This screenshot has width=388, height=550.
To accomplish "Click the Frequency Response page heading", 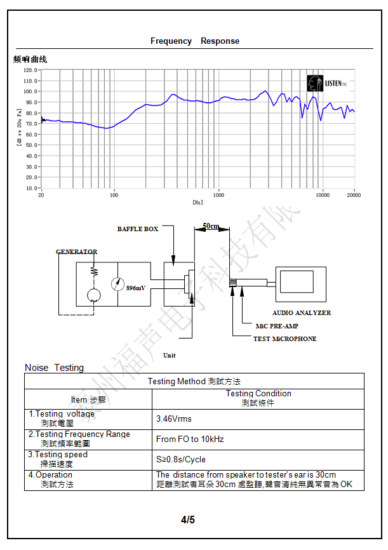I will coord(195,41).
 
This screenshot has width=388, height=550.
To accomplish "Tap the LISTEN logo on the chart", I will coord(326,83).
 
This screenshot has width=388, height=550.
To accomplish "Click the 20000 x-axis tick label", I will coord(354,195).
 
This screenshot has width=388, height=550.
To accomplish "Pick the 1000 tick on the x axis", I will coord(218,195).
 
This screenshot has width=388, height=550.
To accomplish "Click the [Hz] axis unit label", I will coord(197,201).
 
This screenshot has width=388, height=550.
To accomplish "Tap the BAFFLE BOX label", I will coord(138,229).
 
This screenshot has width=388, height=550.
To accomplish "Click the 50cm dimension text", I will coord(211,226).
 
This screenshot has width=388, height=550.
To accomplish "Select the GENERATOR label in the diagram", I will coord(77,252).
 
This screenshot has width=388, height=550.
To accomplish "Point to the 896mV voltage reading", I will coord(136,288).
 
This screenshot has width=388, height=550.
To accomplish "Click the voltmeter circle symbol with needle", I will coord(117,284).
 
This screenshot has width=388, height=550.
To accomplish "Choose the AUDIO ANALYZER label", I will coord(302,312).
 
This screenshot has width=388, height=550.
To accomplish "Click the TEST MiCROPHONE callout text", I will coord(284,339).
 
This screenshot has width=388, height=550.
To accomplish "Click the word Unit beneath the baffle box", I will coord(170,355).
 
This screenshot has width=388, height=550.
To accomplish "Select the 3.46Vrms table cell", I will coord(174,419).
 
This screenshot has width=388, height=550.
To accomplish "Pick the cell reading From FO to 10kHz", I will coord(190,439).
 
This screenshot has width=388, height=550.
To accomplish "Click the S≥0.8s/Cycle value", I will coord(181,459).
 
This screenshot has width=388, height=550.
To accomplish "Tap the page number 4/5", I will coord(188,520).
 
